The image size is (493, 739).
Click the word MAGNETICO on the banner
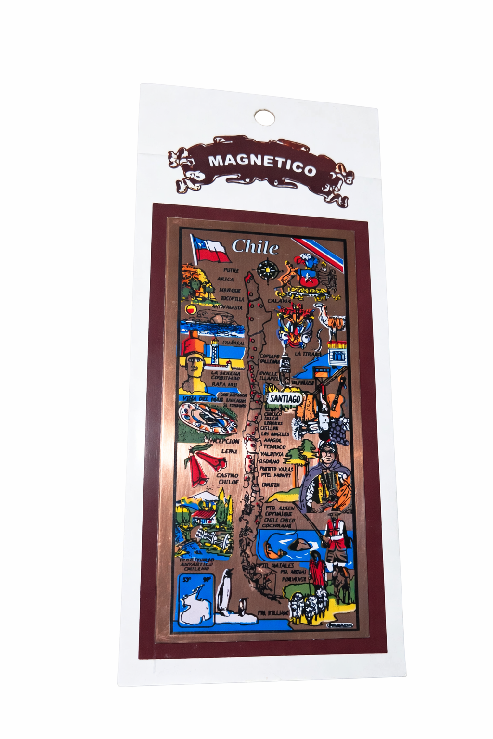(262, 165)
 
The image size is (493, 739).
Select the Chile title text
(255, 247)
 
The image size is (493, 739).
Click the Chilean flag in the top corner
(210, 248)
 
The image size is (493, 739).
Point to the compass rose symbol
(265, 269)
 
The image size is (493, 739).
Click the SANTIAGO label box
(285, 399)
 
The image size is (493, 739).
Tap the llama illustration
(332, 318)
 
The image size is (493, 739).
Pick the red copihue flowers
(205, 464)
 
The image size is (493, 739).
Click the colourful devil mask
(295, 325)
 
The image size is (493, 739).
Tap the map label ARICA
(225, 279)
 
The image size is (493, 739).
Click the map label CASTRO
(227, 475)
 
